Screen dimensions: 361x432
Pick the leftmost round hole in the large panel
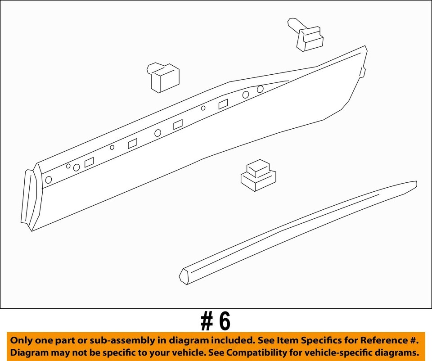click(x=49, y=180)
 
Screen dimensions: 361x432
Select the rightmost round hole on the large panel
click(x=260, y=89)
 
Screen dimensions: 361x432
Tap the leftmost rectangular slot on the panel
click(x=89, y=162)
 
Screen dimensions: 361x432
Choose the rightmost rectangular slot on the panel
click(x=223, y=104)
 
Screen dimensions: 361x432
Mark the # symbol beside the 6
click(x=207, y=321)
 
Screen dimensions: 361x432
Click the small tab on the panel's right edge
click(x=363, y=72)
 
